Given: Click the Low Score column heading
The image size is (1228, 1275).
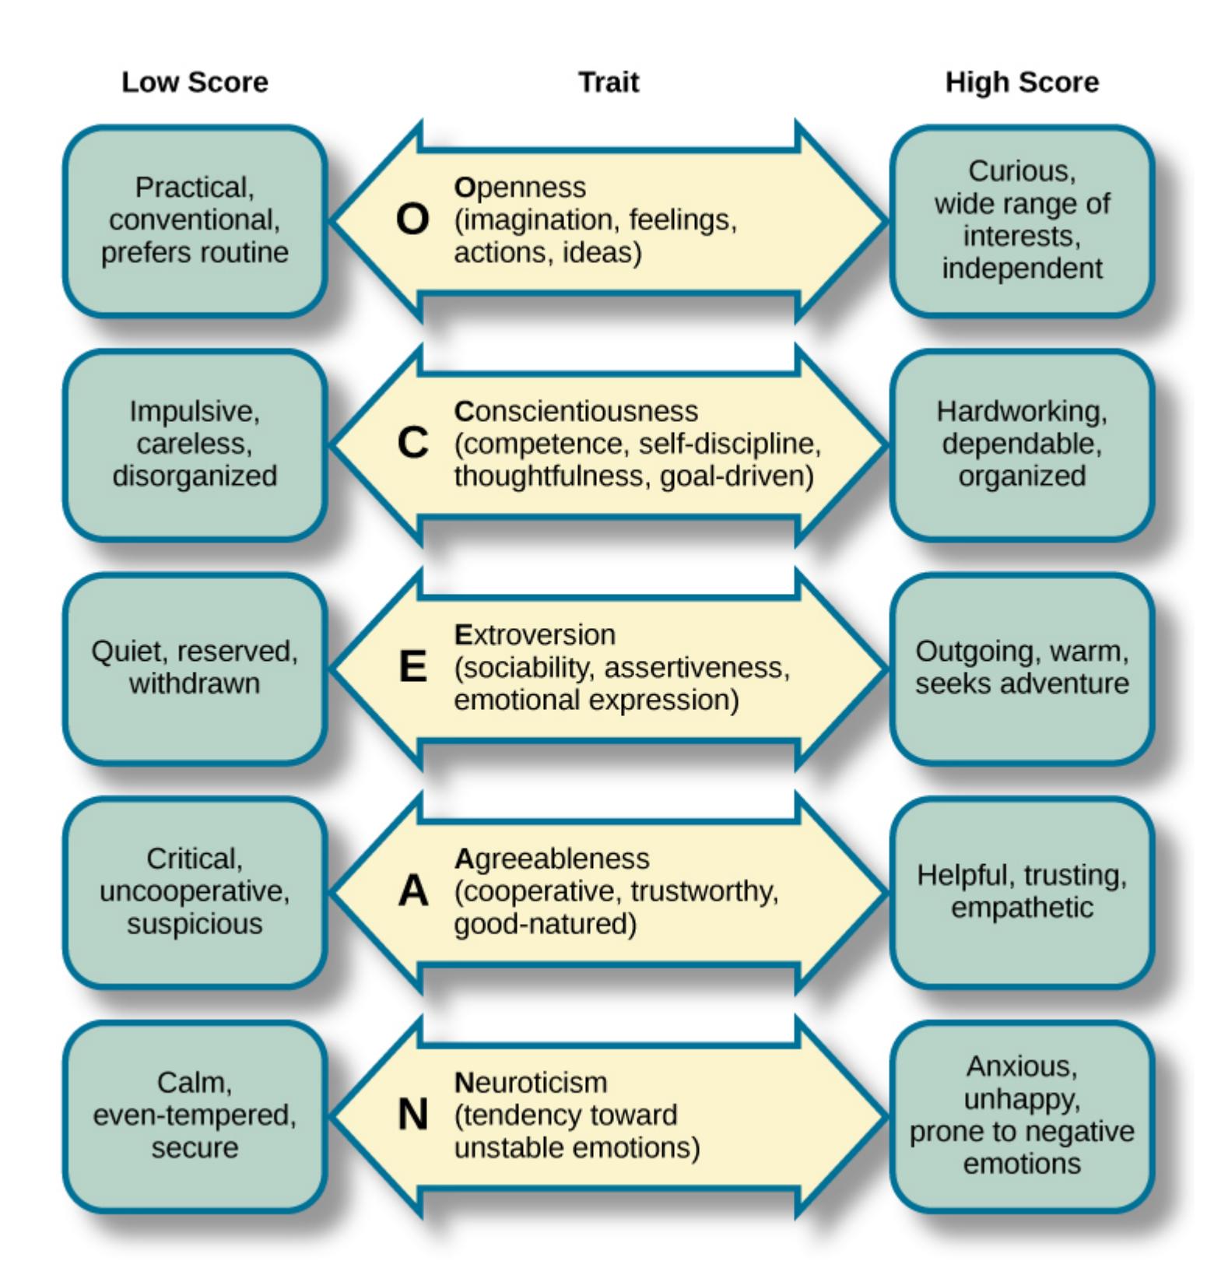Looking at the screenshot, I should (x=195, y=82).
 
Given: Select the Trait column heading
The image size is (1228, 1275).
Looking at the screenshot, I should (x=609, y=82).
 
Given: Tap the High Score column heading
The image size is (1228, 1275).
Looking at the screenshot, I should (x=1022, y=82).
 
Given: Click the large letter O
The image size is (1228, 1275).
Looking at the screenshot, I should (x=412, y=220).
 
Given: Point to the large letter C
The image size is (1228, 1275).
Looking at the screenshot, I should (x=412, y=444).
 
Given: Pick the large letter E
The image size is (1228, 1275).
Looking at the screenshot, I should (x=412, y=667).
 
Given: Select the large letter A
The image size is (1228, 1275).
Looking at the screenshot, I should (x=412, y=891).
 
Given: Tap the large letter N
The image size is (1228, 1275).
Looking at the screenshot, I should (x=412, y=1115).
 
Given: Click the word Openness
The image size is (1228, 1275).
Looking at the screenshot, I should (x=520, y=188).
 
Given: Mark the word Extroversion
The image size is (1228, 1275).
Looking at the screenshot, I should (x=535, y=634).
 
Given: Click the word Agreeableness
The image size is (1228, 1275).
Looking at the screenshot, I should (x=551, y=859).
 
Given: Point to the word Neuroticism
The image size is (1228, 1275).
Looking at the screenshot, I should (x=530, y=1082).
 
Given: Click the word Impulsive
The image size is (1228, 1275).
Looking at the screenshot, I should (x=195, y=411).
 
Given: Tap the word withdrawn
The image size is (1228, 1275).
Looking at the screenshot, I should (x=195, y=683).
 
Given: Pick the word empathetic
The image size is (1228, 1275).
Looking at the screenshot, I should (x=1022, y=908).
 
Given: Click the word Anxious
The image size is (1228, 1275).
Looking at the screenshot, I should (x=1022, y=1066).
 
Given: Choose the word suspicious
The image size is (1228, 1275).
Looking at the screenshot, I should (x=195, y=924).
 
